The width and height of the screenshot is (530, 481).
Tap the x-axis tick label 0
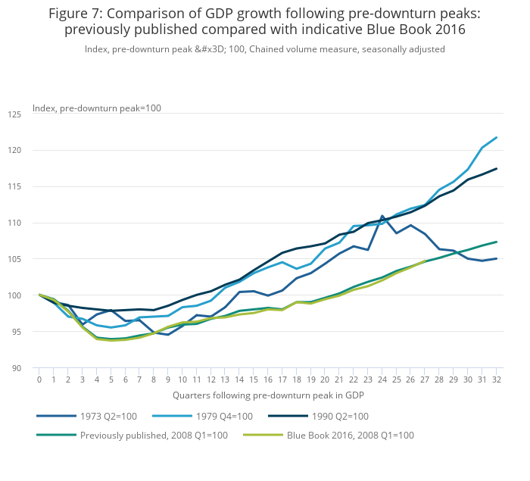click(39, 379)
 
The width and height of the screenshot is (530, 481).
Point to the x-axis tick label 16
click(268, 379)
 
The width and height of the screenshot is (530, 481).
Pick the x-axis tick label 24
click(382, 379)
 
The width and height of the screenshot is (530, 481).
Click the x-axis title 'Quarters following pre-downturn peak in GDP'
click(268, 395)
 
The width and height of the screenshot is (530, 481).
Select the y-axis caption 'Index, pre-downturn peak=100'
click(97, 108)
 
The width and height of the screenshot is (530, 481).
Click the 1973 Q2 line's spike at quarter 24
click(382, 217)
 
